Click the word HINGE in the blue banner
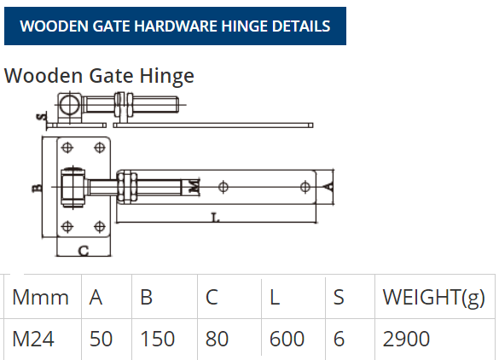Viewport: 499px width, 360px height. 244,26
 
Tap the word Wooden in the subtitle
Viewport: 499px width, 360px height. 44,76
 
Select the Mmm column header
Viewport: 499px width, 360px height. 40,297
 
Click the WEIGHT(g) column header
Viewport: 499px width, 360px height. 434,298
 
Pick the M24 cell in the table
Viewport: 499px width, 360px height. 33,339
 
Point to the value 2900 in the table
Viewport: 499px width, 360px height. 406,339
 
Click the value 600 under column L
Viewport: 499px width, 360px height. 287,339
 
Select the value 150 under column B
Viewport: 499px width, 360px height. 157,339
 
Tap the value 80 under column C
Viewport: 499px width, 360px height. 217,339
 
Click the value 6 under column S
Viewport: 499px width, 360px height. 339,339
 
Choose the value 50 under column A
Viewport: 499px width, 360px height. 101,339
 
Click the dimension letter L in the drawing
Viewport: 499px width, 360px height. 216,218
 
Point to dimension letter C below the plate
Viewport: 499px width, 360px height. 84,251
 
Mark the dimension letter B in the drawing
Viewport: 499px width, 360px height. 38,189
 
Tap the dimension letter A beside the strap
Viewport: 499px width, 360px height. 329,187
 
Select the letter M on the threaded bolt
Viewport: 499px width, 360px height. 194,186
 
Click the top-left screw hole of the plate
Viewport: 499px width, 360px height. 67,148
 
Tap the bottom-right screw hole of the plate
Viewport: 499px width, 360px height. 100,227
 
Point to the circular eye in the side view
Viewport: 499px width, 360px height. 70,105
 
